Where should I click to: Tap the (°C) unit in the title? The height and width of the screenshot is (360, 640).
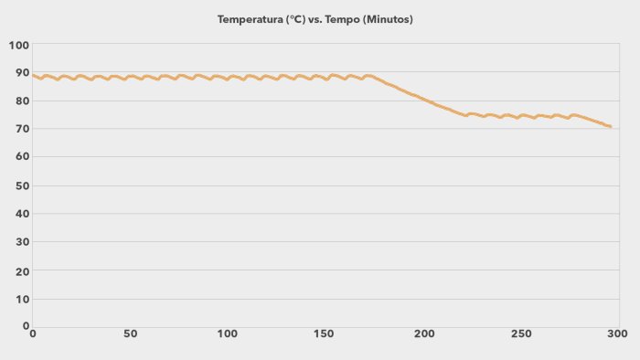pos(297,19)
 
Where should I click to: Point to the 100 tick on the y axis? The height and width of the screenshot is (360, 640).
pos(19,45)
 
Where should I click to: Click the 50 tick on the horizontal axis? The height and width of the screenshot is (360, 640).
pos(130,334)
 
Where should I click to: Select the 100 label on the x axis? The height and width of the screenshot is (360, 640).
pos(228,334)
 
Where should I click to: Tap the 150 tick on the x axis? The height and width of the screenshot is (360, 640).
pos(325,334)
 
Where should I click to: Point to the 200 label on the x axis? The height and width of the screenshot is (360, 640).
pos(423,334)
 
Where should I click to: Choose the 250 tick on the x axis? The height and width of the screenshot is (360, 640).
pos(521,334)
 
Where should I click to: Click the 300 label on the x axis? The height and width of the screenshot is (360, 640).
pos(619,334)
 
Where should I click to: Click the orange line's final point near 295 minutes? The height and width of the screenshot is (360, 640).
pos(610,126)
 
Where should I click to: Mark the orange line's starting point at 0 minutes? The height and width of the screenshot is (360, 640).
pos(33,75)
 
